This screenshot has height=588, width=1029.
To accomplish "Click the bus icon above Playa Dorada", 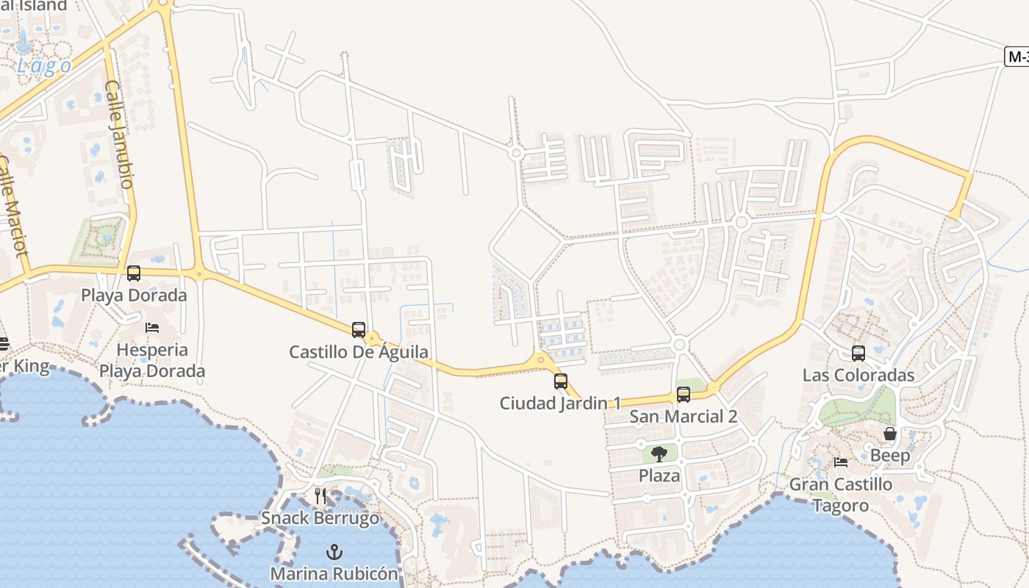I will tap(134, 273).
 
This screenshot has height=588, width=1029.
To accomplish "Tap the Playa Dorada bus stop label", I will tap(134, 295).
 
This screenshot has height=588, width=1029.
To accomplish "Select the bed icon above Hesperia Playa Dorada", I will tap(152, 327).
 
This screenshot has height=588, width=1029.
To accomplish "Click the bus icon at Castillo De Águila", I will tap(359, 330).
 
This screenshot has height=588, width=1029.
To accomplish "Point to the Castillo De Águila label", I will tap(358, 352).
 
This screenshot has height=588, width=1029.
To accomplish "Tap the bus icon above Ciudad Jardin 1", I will tap(561, 381).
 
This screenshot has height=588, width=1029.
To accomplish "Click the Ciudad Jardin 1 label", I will tap(560, 403).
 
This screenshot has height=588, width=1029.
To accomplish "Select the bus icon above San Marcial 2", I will tap(684, 395).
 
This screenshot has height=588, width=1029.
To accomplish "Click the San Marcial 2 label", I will tap(684, 417).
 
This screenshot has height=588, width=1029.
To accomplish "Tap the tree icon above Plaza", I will tap(659, 453).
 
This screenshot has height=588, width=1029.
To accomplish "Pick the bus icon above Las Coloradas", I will tap(858, 354).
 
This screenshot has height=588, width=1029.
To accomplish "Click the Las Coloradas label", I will tap(858, 376).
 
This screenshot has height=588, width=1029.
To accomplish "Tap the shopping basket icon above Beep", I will tap(890, 434).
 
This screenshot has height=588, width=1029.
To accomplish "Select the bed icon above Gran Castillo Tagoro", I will tap(841, 462).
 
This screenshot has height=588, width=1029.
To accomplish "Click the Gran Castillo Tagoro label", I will tap(841, 495).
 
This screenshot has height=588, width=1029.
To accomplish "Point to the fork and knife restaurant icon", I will tap(320, 496).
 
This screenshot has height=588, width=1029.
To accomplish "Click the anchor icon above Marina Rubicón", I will tap(334, 551).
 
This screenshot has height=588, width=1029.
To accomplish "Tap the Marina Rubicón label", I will tap(334, 573).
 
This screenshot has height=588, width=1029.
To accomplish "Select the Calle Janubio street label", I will tap(119, 134).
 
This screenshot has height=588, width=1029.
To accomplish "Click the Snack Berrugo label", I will tap(320, 518).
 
